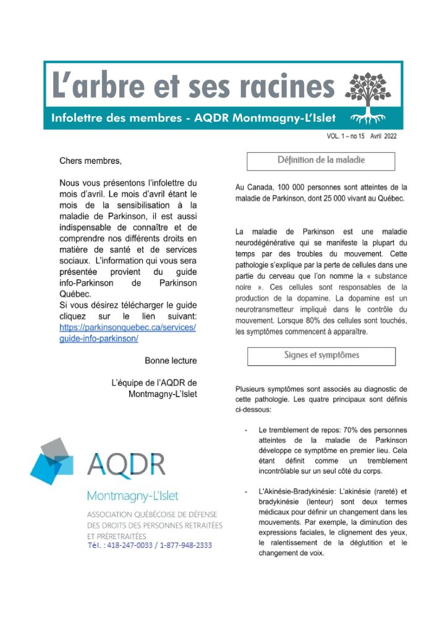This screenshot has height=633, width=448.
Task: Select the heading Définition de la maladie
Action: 321,161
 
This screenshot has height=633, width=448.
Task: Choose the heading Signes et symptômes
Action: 321,355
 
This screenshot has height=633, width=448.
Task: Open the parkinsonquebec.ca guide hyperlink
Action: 127,333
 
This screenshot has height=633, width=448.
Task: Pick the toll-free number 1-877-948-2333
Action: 185,545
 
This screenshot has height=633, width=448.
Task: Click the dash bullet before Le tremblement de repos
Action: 246,430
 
